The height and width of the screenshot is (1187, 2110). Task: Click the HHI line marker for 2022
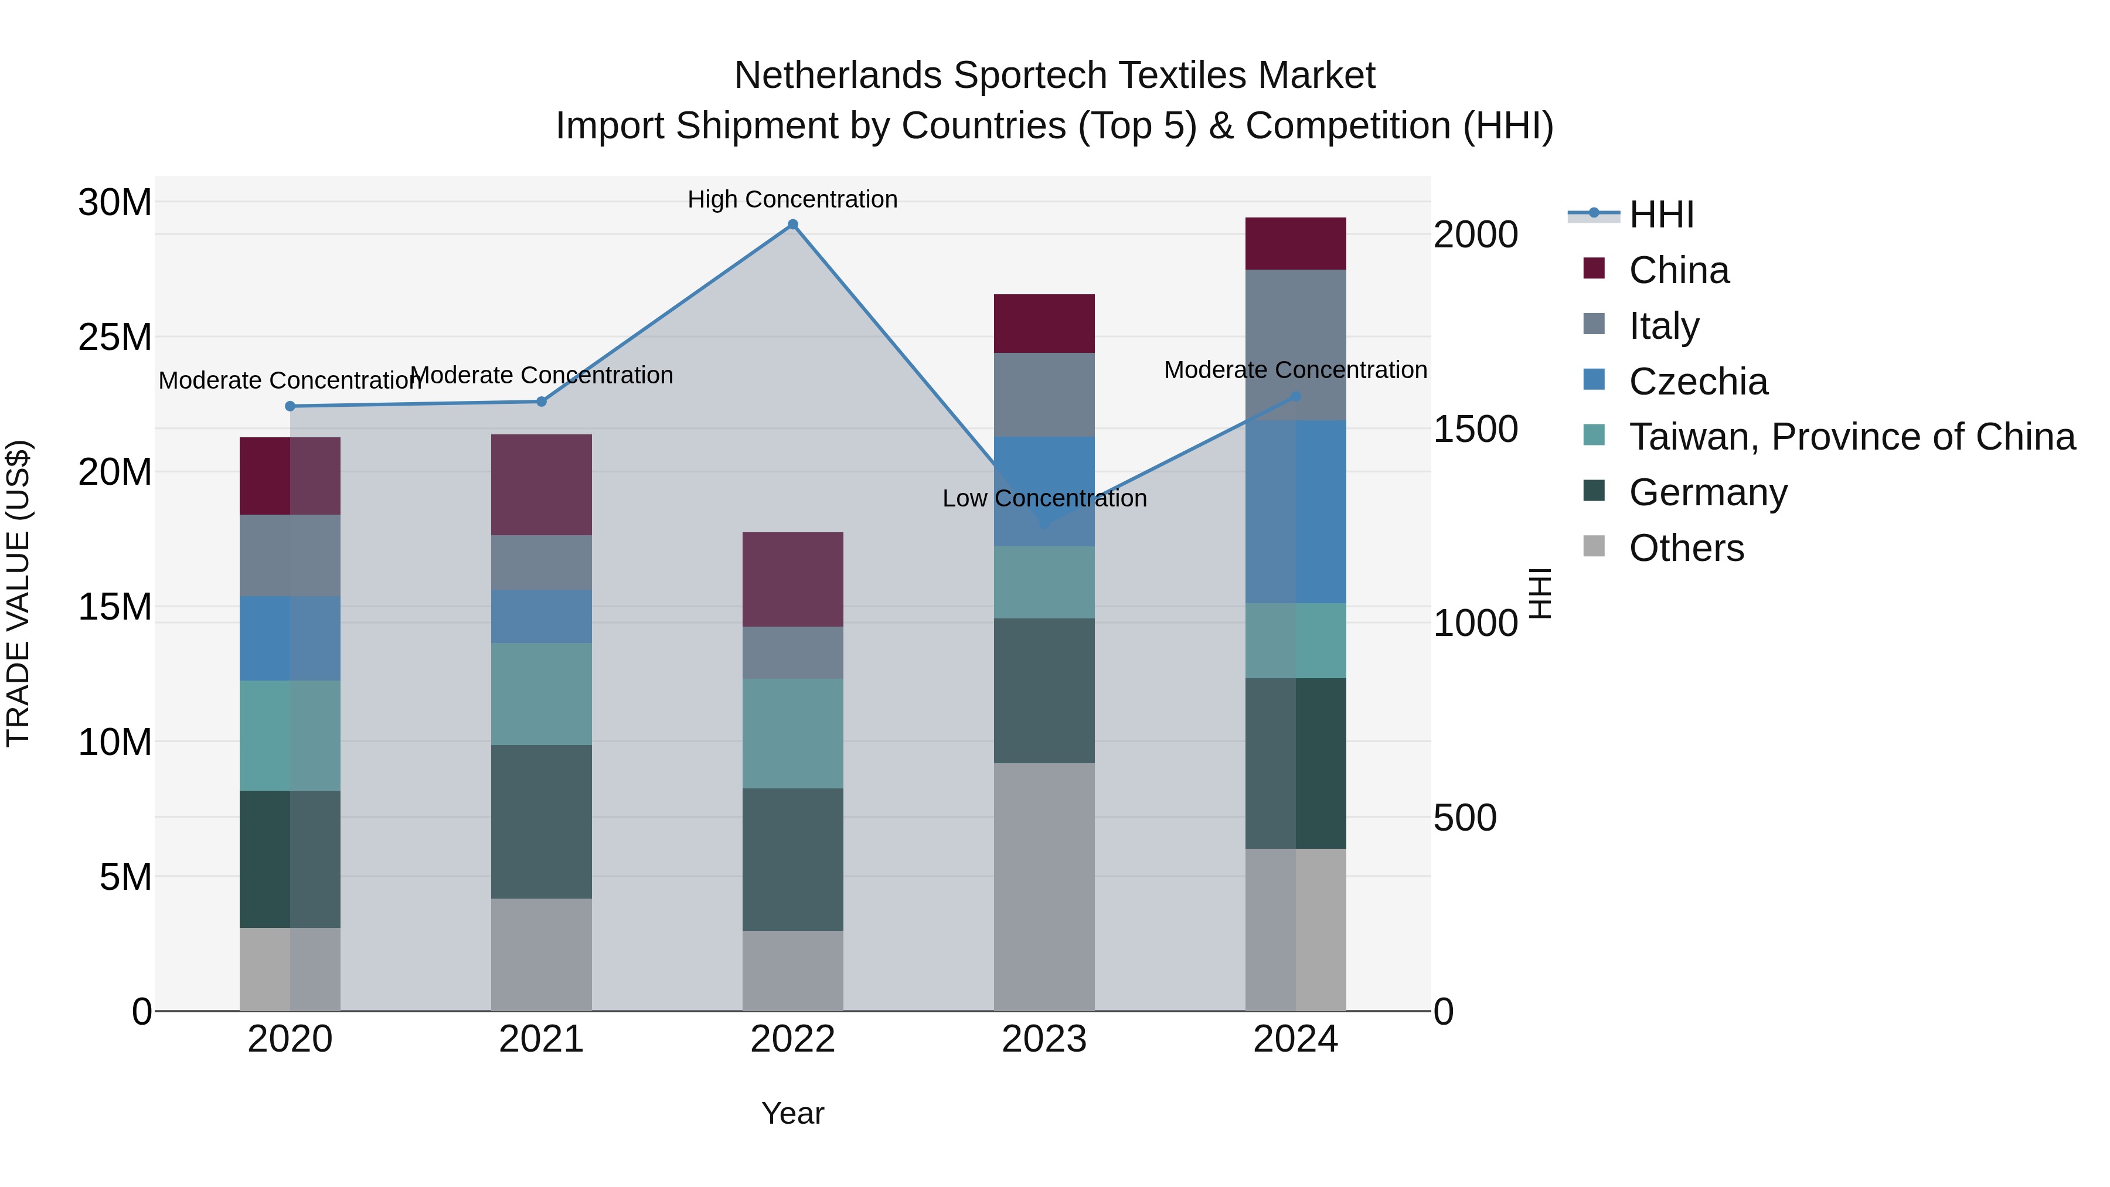(792, 225)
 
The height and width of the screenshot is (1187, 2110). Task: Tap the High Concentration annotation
(792, 199)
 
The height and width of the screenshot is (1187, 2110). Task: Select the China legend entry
(1679, 270)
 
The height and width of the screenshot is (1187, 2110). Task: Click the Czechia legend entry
(1697, 382)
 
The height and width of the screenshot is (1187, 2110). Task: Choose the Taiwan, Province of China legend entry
(1851, 437)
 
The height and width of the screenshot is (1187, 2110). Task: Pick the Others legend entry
(1686, 548)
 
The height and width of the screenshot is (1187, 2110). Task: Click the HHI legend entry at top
(1660, 215)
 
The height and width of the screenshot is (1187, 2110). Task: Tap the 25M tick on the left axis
(115, 336)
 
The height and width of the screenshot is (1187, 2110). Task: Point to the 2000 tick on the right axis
(1475, 235)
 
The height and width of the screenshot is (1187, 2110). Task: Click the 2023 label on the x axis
(1043, 1039)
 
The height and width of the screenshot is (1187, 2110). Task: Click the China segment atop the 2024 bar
(1295, 243)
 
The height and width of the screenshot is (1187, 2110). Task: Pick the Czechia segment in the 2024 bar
(1295, 512)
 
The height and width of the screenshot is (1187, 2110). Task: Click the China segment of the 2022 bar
(792, 579)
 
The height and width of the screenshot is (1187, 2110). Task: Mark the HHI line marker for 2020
(290, 406)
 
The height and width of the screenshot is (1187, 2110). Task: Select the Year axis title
(792, 1113)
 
